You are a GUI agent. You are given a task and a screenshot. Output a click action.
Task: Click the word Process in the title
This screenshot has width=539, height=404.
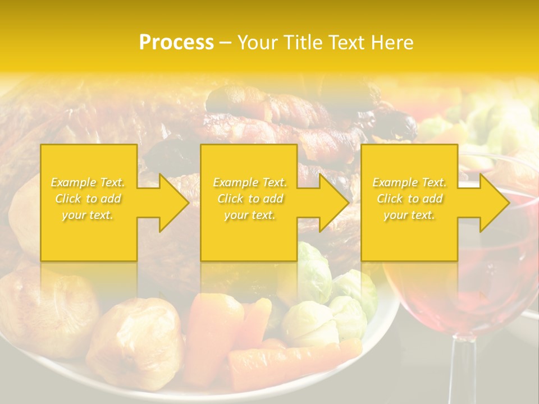click(176, 43)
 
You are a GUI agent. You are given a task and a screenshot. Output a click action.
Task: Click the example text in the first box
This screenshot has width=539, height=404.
click(88, 199)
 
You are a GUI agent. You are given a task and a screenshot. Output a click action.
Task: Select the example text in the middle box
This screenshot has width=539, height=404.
click(250, 199)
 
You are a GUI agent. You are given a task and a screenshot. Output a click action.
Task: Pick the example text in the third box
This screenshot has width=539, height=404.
click(409, 199)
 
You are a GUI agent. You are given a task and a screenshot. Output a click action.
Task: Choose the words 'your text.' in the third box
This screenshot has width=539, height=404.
click(409, 215)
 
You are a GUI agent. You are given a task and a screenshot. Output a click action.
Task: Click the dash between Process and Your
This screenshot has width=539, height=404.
click(225, 43)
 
